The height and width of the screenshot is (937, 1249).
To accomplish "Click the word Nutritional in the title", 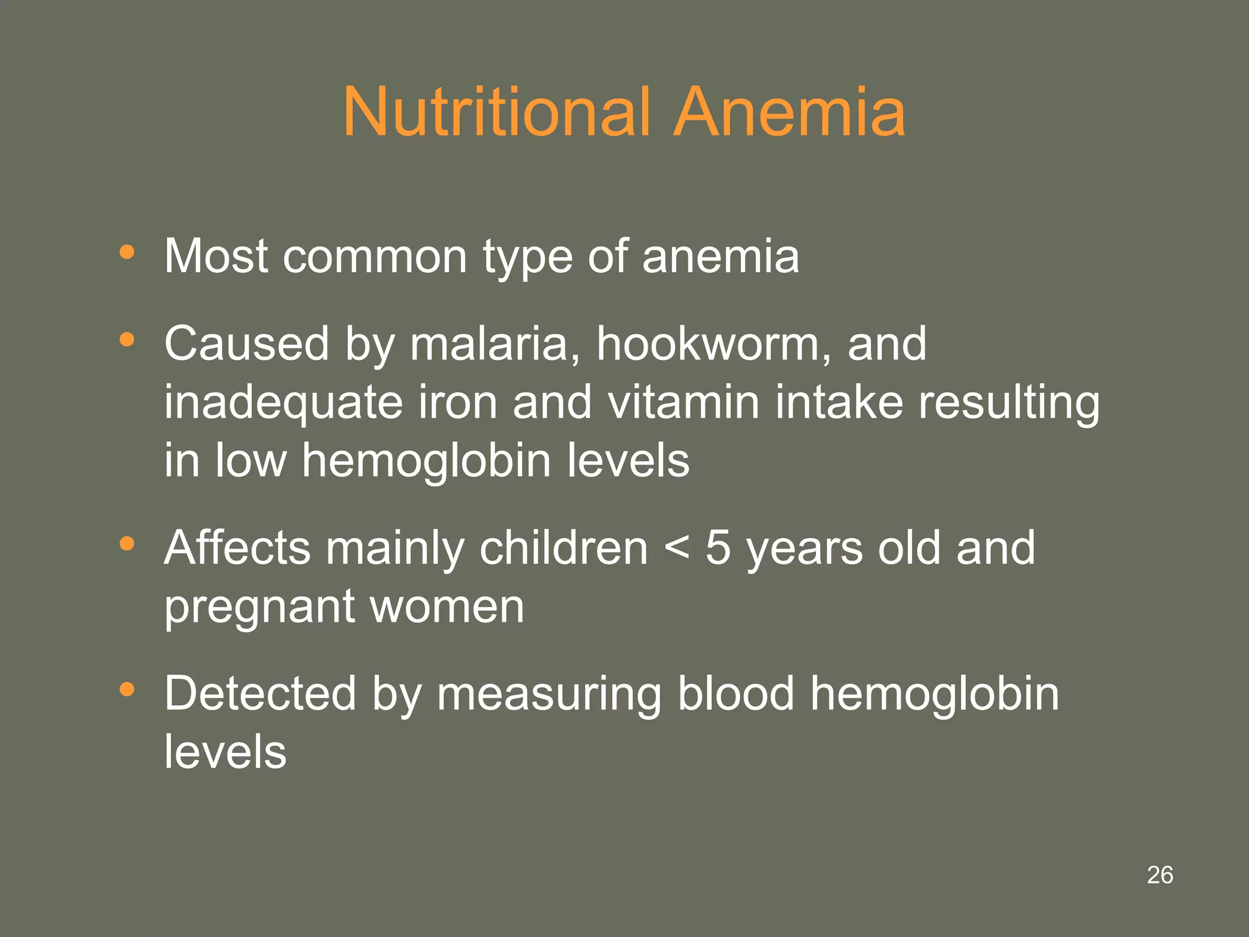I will [x=496, y=112].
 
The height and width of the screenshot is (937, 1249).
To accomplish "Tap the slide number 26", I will [x=1159, y=875].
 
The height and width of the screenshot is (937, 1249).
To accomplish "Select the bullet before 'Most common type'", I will [x=127, y=251].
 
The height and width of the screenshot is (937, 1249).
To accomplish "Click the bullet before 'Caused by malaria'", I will [x=127, y=339].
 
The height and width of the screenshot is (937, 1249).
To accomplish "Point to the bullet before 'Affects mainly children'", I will [x=127, y=543].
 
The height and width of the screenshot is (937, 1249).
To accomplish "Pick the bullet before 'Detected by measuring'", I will [x=127, y=689].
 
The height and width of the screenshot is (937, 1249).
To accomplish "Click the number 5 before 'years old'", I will [x=718, y=547].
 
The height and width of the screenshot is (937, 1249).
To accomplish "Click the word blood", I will [x=736, y=694].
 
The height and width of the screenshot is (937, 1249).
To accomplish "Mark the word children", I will [x=564, y=547].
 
